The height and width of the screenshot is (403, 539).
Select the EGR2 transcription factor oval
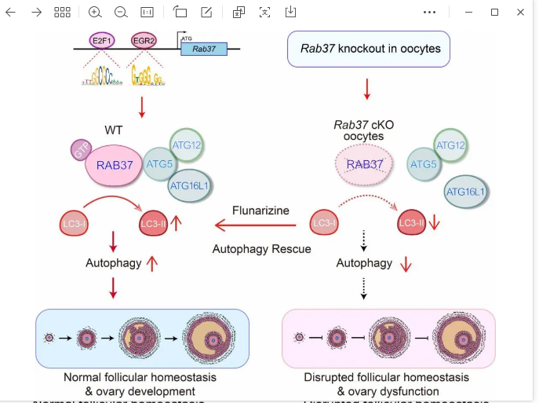pyautogui.click(x=144, y=40)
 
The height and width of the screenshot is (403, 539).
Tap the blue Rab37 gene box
pyautogui.click(x=203, y=49)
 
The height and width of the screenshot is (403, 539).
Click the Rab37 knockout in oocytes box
pyautogui.click(x=369, y=49)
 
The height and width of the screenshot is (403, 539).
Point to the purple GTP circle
pyautogui.click(x=82, y=150)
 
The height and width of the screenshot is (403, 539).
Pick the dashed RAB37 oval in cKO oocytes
pyautogui.click(x=365, y=165)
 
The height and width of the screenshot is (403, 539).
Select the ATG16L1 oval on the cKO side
pyautogui.click(x=464, y=192)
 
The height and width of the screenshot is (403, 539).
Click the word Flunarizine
pyautogui.click(x=260, y=211)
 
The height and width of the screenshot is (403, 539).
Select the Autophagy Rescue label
pyautogui.click(x=261, y=249)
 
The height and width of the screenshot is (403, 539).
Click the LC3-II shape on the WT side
pyautogui.click(x=153, y=224)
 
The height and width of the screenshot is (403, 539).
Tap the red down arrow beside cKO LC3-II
pyautogui.click(x=436, y=224)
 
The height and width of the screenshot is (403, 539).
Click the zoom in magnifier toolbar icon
pyautogui.click(x=95, y=12)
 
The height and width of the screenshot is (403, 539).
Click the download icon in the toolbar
pyautogui.click(x=290, y=12)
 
